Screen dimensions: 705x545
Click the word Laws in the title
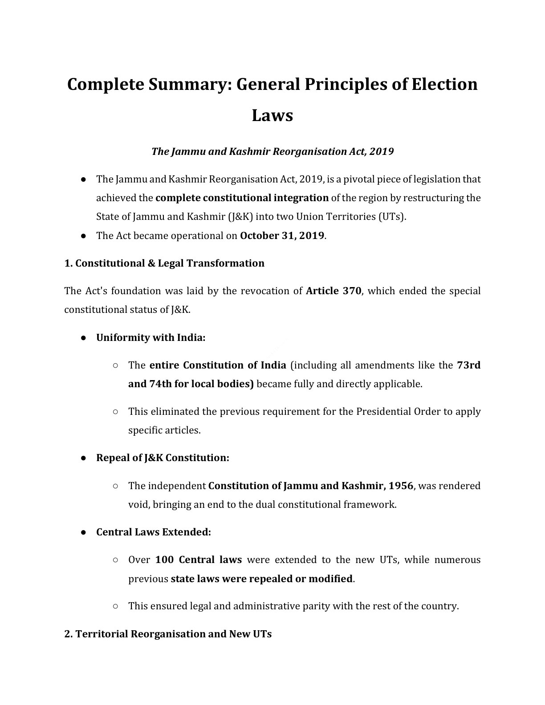tap(272, 115)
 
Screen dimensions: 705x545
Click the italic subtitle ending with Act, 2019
tap(272, 151)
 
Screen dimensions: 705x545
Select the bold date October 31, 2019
tap(282, 235)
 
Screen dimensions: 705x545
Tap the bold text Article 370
tap(334, 291)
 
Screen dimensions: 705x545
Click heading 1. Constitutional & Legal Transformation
tap(164, 263)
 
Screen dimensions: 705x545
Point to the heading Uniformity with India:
tap(150, 337)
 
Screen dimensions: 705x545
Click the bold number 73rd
tap(468, 365)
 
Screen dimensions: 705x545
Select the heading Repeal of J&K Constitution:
tap(163, 458)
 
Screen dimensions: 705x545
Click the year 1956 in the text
tap(401, 486)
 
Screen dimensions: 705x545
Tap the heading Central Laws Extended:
tap(153, 532)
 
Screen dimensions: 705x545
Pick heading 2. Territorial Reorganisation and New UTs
tap(168, 634)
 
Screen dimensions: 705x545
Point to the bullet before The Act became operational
tap(83, 236)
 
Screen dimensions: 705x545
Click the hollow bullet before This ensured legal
tap(115, 606)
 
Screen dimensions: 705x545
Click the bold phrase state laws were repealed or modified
tap(261, 579)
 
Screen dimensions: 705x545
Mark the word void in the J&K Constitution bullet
tap(137, 505)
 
